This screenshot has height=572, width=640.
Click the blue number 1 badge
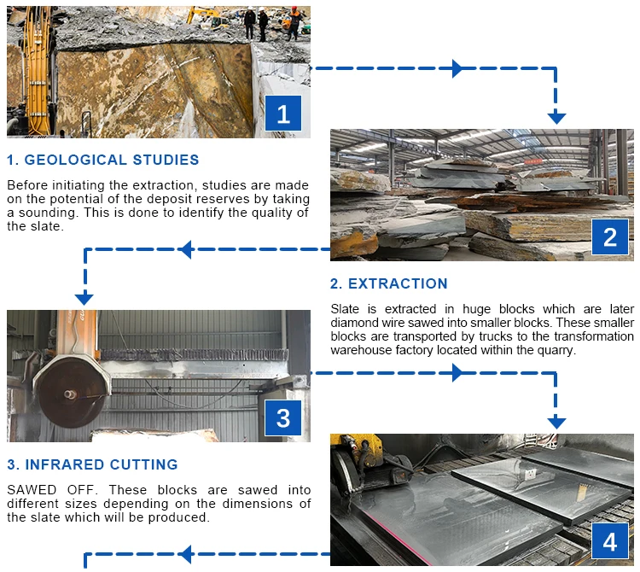tap(283, 113)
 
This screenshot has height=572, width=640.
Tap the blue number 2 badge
tap(610, 236)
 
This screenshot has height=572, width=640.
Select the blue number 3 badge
tap(283, 418)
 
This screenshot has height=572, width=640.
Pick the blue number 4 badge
tap(610, 542)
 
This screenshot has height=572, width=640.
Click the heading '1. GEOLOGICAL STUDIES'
tap(103, 160)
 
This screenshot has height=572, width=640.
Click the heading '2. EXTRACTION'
tap(389, 283)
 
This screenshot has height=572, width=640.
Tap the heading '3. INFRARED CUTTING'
tap(92, 465)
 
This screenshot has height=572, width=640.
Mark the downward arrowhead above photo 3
tap(84, 298)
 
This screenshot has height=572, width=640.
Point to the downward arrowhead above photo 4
tap(556, 422)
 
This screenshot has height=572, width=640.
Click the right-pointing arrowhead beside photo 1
tap(457, 68)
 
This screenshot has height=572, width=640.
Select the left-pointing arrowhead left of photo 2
tap(185, 249)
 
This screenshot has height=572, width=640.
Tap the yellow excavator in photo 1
tap(202, 15)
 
